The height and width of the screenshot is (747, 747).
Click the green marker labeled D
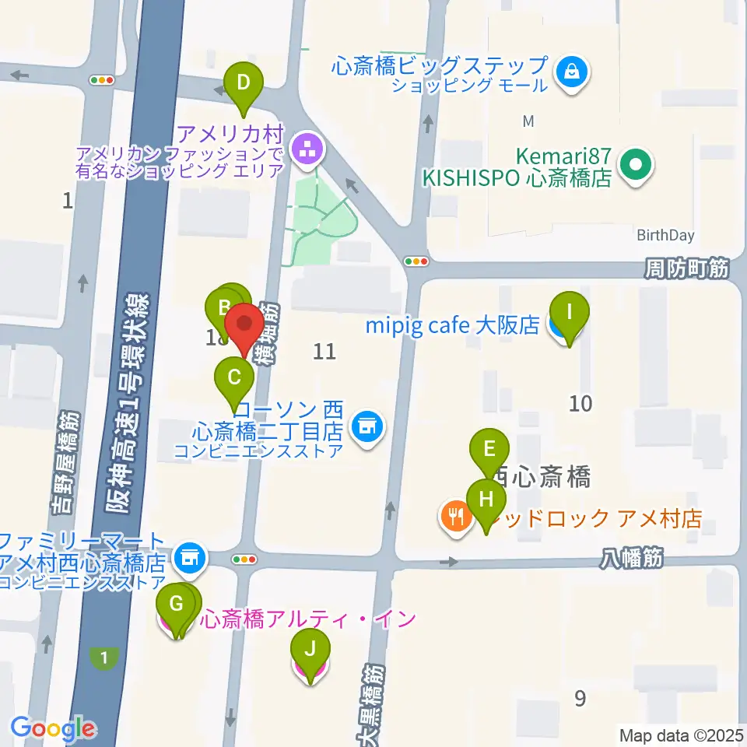[244, 81]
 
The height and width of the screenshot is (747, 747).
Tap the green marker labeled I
[569, 313]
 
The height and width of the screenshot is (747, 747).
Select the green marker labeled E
[489, 449]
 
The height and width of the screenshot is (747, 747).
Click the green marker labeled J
[310, 647]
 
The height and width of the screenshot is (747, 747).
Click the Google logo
[52, 728]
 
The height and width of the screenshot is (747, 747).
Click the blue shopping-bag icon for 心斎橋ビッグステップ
[573, 73]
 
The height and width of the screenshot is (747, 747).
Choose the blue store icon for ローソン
[366, 426]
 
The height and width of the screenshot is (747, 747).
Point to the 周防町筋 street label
[686, 269]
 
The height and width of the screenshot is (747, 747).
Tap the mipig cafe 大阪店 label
[452, 325]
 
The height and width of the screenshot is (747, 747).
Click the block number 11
[324, 352]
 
